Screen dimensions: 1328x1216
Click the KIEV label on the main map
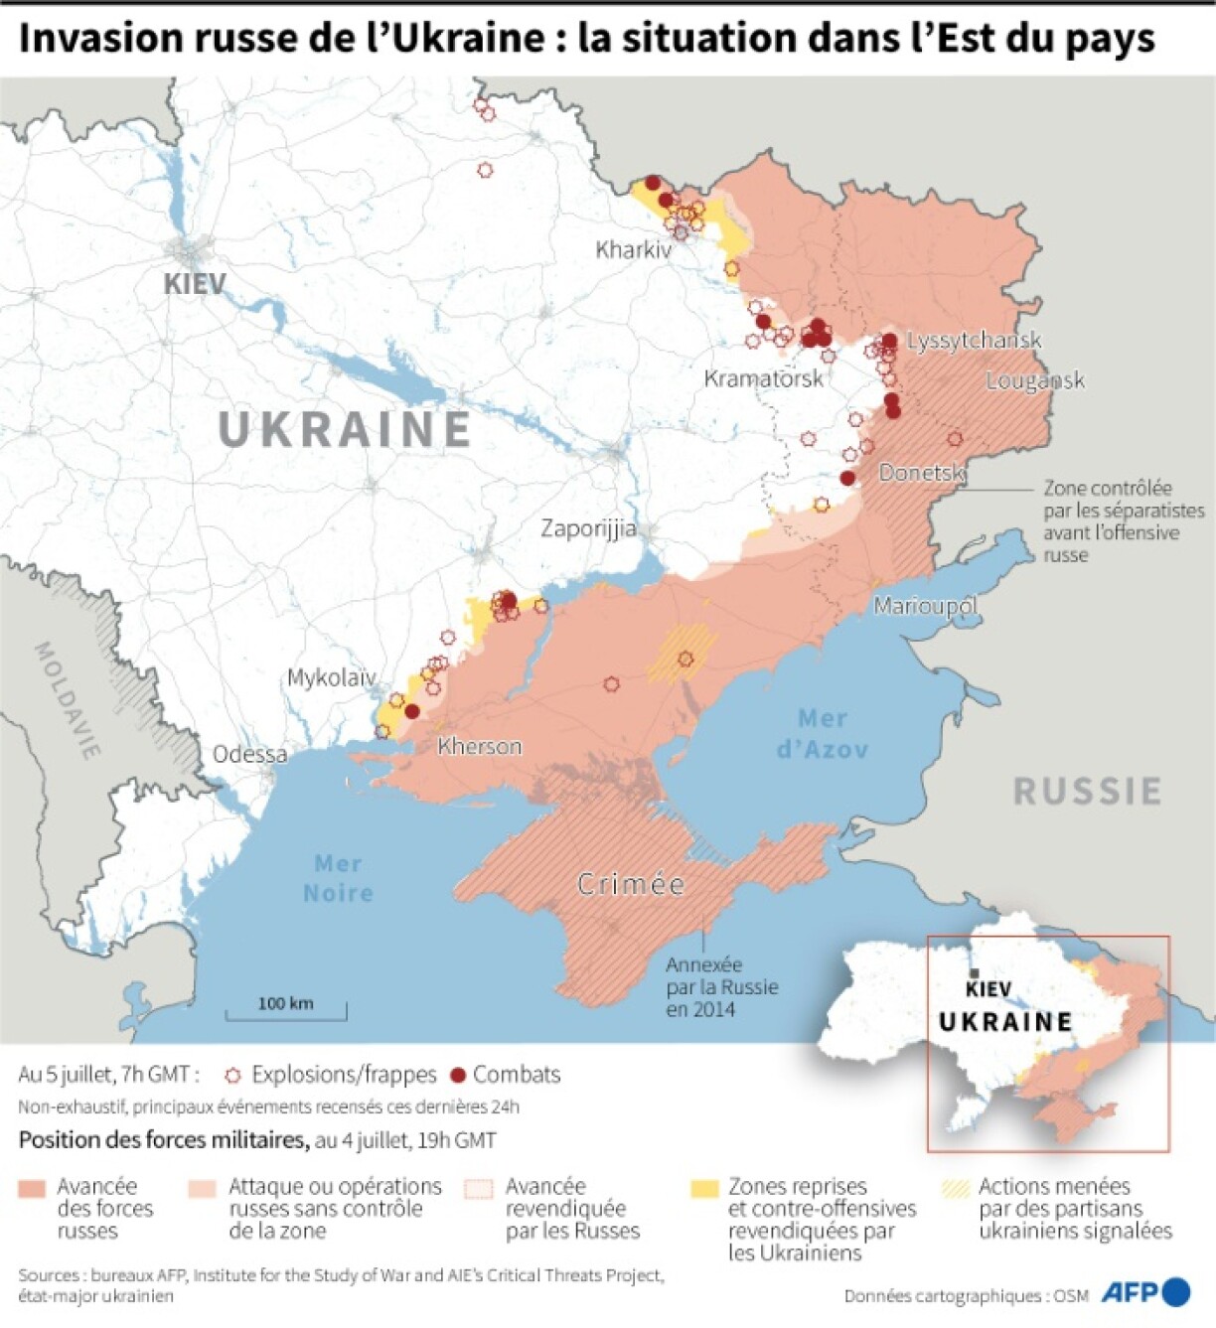tap(195, 284)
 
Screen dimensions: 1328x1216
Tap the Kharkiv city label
tap(633, 249)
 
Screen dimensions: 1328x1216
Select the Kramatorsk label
tap(763, 378)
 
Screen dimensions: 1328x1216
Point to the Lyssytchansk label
tap(974, 341)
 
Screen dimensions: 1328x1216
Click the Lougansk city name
tap(1034, 380)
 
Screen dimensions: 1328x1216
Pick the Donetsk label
tap(922, 472)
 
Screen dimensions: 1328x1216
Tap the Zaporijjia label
tap(588, 528)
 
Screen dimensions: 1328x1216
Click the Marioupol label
tap(925, 605)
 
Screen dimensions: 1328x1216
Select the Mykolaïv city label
tap(331, 678)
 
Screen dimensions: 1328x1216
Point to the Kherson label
tap(479, 746)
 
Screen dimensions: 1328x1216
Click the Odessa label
tap(249, 755)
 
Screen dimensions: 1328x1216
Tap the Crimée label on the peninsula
tap(631, 884)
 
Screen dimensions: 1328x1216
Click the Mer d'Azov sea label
tap(822, 733)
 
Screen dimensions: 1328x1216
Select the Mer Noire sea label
tap(338, 878)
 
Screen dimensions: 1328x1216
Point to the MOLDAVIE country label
tap(68, 700)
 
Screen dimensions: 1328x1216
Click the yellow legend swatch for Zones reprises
tap(704, 1188)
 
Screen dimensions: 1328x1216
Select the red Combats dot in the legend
tap(458, 1076)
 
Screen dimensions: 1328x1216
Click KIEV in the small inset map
tap(988, 989)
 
